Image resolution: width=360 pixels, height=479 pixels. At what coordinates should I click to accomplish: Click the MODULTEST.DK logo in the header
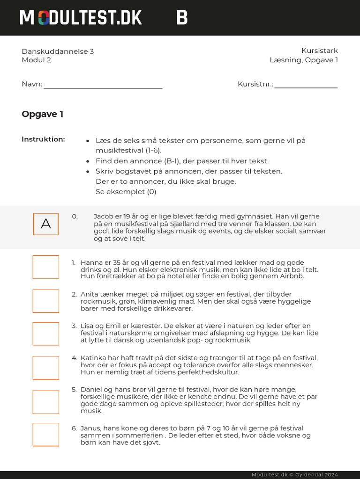(x=81, y=18)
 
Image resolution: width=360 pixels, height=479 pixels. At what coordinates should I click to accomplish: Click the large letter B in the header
(x=182, y=18)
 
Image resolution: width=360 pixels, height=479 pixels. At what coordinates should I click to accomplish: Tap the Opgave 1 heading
(x=42, y=114)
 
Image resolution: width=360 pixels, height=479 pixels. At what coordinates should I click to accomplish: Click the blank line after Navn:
(x=103, y=86)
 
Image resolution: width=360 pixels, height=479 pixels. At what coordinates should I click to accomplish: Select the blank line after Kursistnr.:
(x=306, y=86)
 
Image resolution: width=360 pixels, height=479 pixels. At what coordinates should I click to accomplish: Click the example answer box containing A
(x=46, y=224)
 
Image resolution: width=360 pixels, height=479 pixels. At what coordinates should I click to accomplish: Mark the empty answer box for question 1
(x=46, y=267)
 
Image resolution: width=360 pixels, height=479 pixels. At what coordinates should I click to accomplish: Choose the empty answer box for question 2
(x=46, y=301)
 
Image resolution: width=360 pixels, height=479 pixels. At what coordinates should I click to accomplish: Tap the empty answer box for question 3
(x=46, y=334)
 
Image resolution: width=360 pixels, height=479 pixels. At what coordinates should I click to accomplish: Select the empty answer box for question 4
(x=46, y=368)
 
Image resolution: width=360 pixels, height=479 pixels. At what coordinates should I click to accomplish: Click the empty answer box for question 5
(x=46, y=402)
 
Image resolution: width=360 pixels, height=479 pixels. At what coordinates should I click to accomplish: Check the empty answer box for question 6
(x=46, y=435)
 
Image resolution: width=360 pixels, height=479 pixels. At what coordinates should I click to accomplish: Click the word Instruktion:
(x=43, y=139)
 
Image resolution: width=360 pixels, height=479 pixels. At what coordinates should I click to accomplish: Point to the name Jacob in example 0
(x=104, y=217)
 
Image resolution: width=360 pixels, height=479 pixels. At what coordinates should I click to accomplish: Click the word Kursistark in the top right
(x=319, y=51)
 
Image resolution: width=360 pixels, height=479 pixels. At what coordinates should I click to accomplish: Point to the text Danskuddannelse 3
(x=58, y=51)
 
